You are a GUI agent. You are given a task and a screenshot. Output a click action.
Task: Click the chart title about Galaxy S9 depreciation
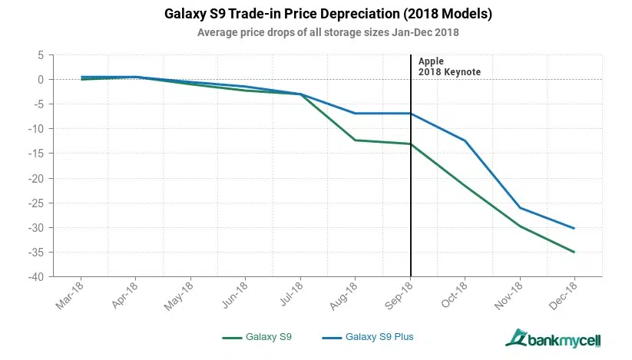click(318, 15)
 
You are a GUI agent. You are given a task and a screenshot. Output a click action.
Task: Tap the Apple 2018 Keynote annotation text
click(449, 66)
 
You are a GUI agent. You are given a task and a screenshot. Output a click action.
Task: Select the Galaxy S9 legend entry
click(256, 336)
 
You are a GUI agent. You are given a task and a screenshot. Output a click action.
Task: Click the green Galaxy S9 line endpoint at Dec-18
click(574, 252)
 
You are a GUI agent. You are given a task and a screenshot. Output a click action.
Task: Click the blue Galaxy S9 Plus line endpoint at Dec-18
click(574, 228)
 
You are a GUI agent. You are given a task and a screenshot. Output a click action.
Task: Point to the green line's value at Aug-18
click(355, 140)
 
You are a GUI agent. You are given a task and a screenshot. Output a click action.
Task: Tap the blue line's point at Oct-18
click(465, 140)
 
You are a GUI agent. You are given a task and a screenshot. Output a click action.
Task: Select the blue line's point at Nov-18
click(520, 208)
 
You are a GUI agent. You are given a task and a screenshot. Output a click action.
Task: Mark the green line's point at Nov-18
click(520, 226)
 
